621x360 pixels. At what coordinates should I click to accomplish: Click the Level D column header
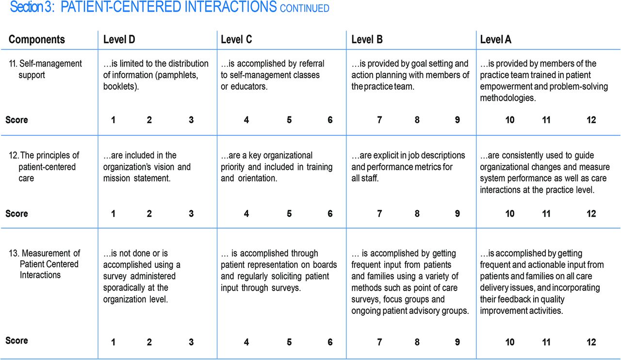click(119, 39)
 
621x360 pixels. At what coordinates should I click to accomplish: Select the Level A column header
click(496, 39)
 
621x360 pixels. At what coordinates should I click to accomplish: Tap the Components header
click(36, 39)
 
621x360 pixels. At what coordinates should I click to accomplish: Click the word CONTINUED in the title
click(304, 8)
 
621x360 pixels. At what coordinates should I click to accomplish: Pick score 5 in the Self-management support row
click(289, 120)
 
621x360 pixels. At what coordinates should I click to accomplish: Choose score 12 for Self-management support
click(591, 120)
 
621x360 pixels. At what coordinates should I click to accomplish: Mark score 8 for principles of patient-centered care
click(417, 213)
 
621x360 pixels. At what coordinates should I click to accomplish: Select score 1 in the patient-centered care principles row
click(113, 213)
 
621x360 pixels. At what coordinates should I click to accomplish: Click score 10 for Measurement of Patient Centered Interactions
click(510, 342)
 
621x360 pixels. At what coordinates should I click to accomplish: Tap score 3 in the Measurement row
click(191, 342)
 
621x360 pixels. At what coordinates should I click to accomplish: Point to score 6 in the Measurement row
click(330, 342)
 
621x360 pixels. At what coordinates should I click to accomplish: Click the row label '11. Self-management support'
click(46, 69)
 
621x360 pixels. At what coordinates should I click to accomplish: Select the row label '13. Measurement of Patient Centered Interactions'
click(45, 264)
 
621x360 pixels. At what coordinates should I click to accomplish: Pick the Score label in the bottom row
click(16, 341)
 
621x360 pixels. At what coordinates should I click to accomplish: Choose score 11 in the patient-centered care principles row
click(546, 213)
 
